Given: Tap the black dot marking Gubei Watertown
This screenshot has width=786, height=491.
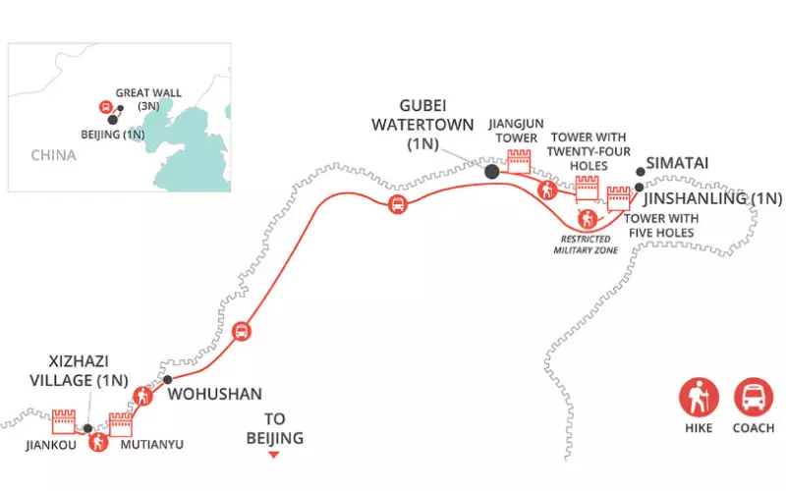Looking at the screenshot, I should pyautogui.click(x=491, y=172).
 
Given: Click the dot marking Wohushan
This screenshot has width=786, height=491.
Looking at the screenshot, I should pyautogui.click(x=168, y=379).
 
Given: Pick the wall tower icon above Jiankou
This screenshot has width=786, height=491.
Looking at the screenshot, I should pyautogui.click(x=63, y=421).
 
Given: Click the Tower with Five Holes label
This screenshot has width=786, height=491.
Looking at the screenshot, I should pyautogui.click(x=660, y=225).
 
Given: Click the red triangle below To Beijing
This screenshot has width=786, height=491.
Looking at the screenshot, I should pyautogui.click(x=275, y=456).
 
